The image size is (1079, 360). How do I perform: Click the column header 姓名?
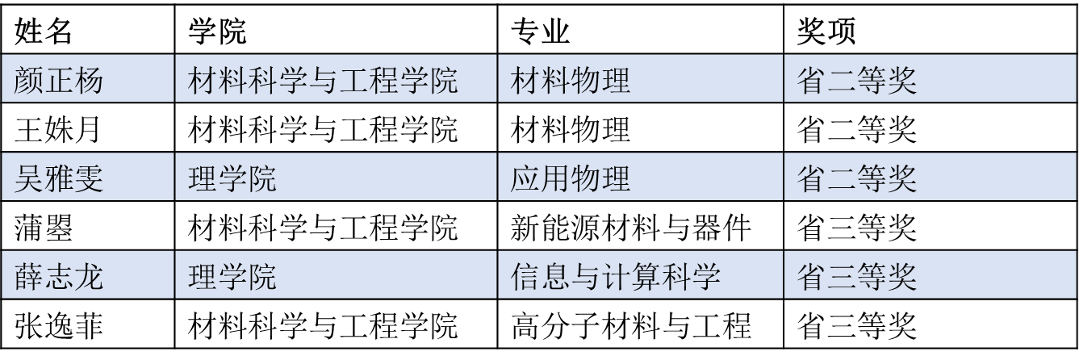(44, 31)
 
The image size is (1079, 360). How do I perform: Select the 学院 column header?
(217, 31)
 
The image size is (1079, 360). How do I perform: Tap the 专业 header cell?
(540, 31)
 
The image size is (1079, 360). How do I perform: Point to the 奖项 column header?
(826, 31)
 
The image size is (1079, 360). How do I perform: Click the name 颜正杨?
(58, 80)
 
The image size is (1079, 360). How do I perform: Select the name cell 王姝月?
(57, 129)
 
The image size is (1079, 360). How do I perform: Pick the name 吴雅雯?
(58, 178)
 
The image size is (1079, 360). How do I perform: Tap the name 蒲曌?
(44, 228)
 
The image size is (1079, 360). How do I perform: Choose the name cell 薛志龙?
(58, 277)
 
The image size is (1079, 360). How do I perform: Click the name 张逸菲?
(58, 326)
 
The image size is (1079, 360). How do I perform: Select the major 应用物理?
(571, 178)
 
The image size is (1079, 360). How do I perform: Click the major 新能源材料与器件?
(630, 228)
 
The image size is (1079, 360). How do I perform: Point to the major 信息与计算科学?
(616, 277)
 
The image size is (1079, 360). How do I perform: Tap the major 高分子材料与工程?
(630, 326)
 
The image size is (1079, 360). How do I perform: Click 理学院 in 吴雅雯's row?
(232, 178)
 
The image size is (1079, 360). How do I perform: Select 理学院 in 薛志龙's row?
(232, 277)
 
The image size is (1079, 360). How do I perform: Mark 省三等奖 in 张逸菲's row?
(856, 326)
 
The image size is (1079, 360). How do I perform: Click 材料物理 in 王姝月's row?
(571, 129)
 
